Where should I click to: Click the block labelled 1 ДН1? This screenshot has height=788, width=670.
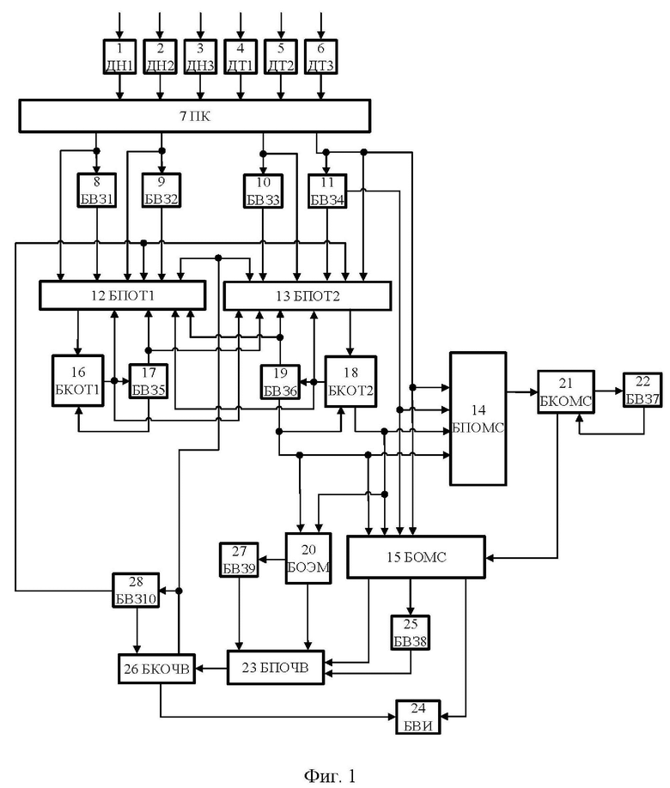119,57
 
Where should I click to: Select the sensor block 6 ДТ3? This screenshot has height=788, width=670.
321,57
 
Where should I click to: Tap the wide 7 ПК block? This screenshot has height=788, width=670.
195,116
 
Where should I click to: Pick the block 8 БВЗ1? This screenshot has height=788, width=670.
97,190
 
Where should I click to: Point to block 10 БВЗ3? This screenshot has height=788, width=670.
263,191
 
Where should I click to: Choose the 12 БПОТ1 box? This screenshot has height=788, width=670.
123,295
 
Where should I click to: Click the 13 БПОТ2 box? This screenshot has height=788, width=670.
308,295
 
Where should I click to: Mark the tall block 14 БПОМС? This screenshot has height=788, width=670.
478,419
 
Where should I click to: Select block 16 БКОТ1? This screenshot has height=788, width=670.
78,380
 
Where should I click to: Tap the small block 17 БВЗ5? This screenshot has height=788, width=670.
149,381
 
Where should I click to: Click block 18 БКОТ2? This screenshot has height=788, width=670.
350,381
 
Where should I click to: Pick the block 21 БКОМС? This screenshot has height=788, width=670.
566,392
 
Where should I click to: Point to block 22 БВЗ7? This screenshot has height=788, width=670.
643,390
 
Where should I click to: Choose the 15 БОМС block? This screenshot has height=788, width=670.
417,557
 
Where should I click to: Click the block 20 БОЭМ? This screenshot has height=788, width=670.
308,558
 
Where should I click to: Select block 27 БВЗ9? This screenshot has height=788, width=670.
239,560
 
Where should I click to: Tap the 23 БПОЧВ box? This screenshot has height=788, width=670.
276,667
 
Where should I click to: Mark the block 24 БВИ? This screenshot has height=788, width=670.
418,717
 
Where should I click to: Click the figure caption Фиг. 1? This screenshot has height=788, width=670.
330,775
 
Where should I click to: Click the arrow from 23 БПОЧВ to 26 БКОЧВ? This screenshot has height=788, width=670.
211,669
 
